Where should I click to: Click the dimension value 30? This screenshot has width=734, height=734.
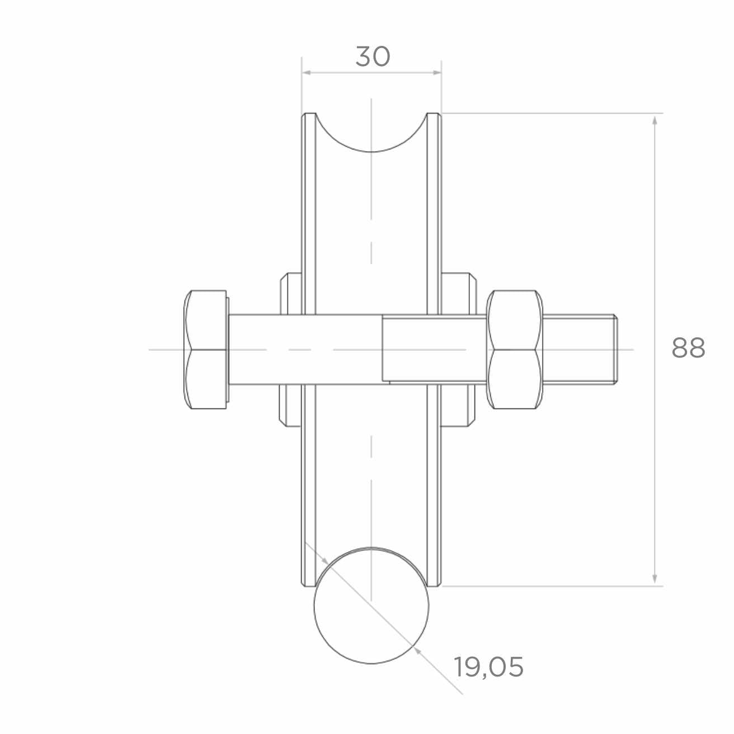373,57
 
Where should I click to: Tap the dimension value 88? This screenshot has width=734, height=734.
688,348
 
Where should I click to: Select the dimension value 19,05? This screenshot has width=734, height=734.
489,666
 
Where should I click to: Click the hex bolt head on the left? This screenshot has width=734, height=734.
206,350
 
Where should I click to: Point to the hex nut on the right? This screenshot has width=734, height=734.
515,350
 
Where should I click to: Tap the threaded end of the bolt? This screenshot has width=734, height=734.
580,350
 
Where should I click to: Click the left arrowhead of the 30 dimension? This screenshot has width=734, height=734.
306,72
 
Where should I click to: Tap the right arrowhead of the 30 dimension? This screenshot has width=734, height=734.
437,72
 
